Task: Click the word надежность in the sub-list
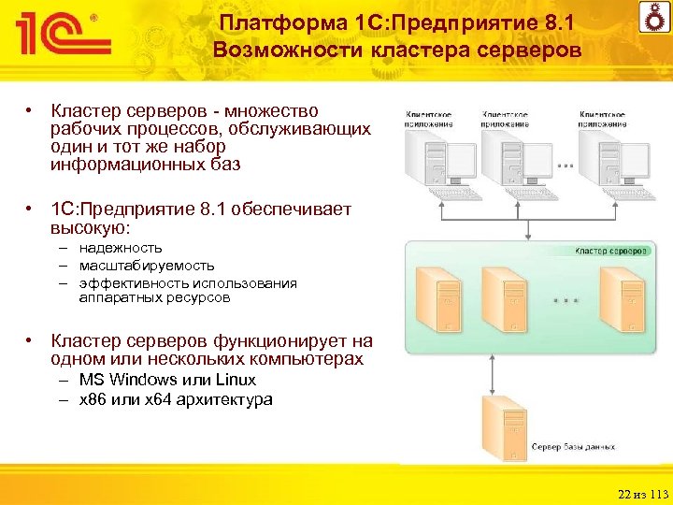coord(121,248)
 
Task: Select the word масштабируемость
coord(147,266)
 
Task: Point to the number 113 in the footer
coord(660,494)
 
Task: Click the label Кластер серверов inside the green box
coord(609,251)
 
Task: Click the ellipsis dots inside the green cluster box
coord(566,301)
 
